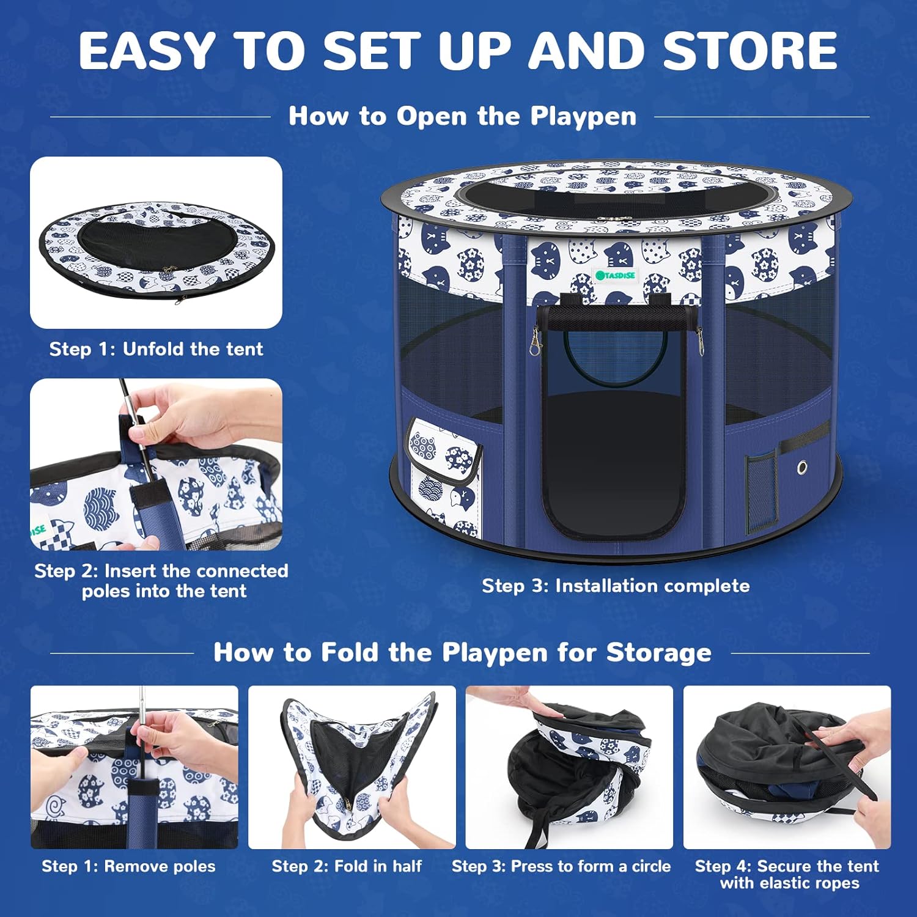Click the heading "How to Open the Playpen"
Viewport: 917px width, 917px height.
463,116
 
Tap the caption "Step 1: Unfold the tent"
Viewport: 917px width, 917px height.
156,349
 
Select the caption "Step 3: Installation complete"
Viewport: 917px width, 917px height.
616,586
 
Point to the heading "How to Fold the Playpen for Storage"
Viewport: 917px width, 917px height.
462,652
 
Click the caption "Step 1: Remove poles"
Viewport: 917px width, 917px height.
128,866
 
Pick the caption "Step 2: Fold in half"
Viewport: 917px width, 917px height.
347,866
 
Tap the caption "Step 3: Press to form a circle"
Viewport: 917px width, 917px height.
561,866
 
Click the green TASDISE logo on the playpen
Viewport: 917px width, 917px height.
616,275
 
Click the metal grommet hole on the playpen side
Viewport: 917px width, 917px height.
802,468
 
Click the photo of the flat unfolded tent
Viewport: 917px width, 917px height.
156,243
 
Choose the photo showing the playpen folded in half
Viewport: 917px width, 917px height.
352,767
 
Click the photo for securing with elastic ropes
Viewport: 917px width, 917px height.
787,767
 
